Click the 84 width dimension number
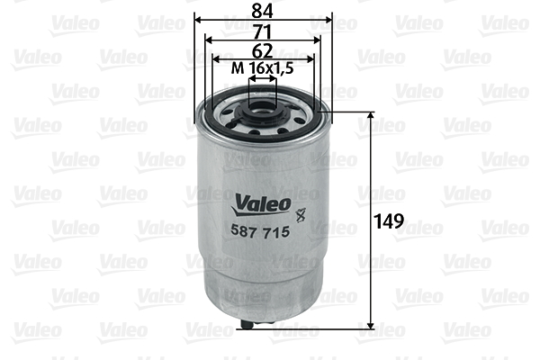tap(263, 10)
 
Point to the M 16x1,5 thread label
tap(262, 69)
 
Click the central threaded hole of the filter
tap(263, 113)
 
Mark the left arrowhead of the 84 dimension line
tap(198, 18)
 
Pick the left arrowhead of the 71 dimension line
tap(207, 39)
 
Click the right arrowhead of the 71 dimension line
tap(319, 39)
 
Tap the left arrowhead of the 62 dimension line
tap(215, 58)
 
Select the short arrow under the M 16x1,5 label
tap(262, 79)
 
